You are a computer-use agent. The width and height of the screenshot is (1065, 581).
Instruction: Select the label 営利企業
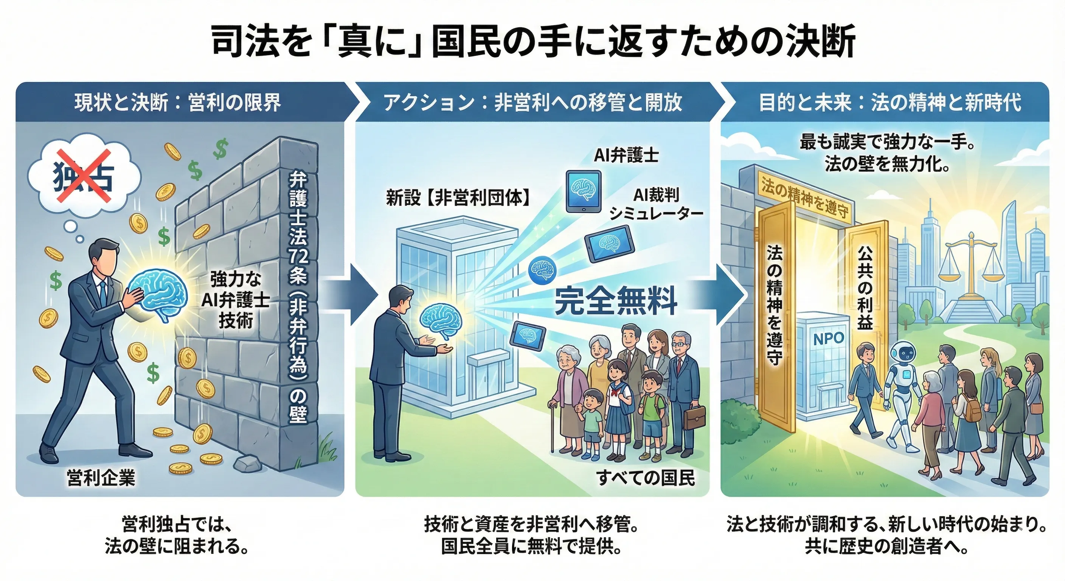101,478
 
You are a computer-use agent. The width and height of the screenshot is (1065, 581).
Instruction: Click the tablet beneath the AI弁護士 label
584,192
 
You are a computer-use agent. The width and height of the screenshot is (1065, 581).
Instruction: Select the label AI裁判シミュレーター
657,204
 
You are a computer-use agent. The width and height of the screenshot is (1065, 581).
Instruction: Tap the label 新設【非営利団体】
458,198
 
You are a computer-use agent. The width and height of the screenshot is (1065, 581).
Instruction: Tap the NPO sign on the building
829,339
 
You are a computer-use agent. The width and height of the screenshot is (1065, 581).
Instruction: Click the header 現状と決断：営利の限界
178,103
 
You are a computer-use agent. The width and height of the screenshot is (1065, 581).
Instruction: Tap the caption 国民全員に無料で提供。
532,547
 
